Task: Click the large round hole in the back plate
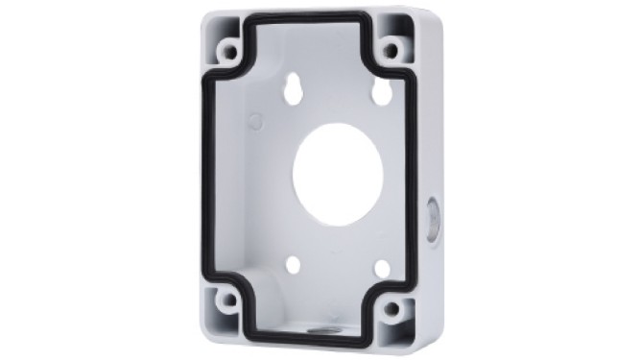click(337, 175)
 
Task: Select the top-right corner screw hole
click(391, 50)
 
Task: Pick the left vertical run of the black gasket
click(205, 173)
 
